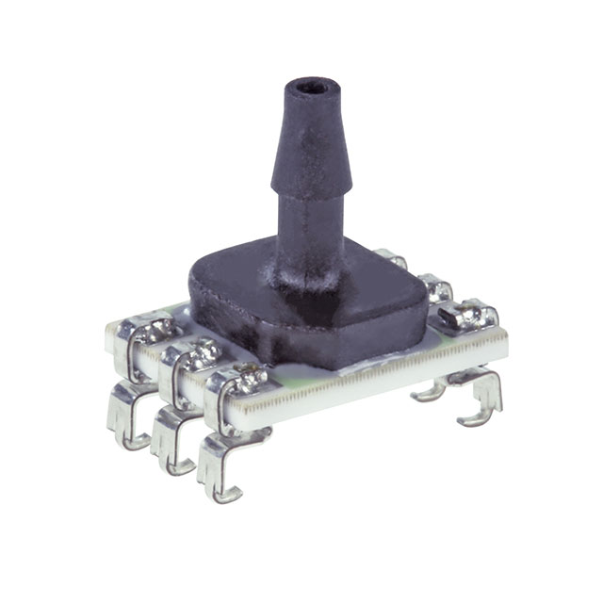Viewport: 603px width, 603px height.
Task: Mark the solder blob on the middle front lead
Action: tap(201, 355)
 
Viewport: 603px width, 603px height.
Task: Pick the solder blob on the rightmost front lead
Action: tap(248, 380)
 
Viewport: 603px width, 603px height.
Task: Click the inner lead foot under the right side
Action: tap(430, 389)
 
